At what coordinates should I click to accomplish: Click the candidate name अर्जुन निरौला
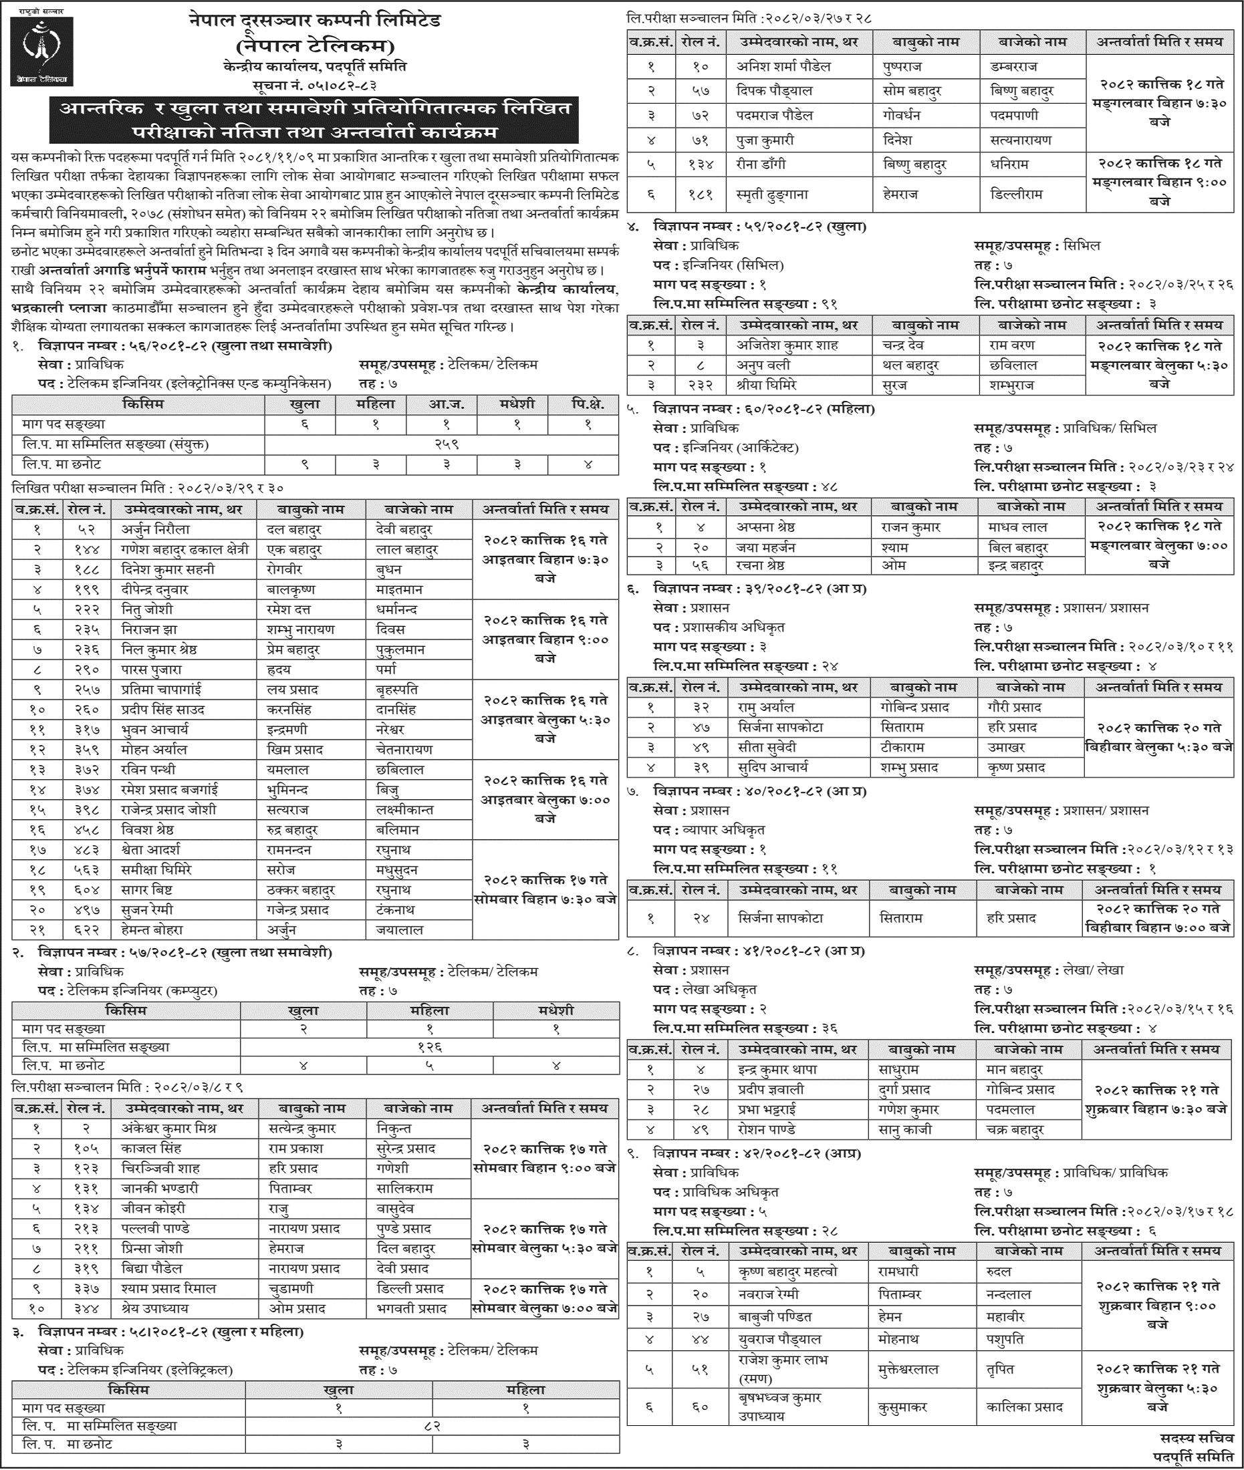click(157, 529)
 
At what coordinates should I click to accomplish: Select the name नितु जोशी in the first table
click(146, 609)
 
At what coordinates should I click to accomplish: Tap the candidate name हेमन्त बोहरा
click(152, 930)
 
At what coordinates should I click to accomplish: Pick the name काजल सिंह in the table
click(150, 1148)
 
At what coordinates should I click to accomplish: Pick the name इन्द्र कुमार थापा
click(777, 1070)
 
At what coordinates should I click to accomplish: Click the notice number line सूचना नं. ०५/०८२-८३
click(315, 86)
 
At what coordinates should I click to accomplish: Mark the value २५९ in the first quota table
click(441, 444)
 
